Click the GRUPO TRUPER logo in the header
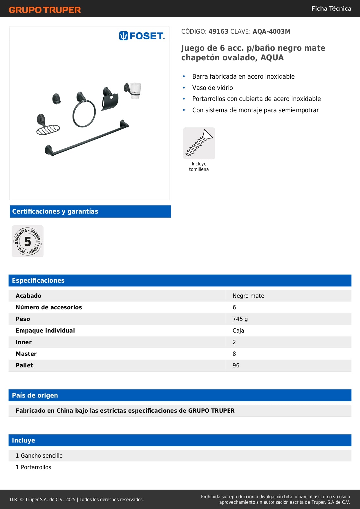tap(45, 10)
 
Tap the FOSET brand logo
tap(142, 36)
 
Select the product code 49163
tap(218, 31)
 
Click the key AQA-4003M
tap(271, 31)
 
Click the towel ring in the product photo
tap(84, 113)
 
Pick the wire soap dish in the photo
tap(48, 129)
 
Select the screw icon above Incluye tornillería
tap(199, 143)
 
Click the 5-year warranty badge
tap(28, 241)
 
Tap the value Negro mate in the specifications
tap(248, 296)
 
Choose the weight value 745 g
tap(240, 319)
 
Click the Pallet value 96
tap(236, 365)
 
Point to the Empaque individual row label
tap(45, 331)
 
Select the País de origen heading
tap(35, 395)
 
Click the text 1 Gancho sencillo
tap(39, 456)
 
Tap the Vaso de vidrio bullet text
tap(212, 88)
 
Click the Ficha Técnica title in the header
tap(331, 8)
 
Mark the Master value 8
tap(234, 354)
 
